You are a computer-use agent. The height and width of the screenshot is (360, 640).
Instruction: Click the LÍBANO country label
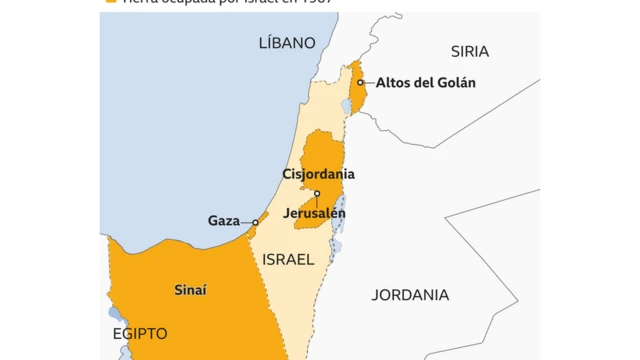point(287,43)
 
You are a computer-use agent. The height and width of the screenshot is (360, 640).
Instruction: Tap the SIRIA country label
point(470,51)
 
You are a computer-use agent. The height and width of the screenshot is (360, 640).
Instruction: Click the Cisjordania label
point(318,174)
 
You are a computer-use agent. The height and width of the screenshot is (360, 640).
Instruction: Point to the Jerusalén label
point(314,213)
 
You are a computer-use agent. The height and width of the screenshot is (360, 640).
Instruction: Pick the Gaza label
point(224,221)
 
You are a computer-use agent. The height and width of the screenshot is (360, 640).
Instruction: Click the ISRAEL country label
point(288,259)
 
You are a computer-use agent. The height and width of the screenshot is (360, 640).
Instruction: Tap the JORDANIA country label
point(410,295)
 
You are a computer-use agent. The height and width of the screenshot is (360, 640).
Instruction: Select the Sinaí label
point(190,290)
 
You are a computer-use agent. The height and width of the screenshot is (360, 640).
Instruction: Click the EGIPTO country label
point(140,333)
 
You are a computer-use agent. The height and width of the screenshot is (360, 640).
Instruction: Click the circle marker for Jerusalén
point(317,194)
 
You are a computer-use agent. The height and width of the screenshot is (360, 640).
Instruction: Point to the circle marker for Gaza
point(256,222)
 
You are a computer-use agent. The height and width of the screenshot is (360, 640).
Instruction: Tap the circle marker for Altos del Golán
point(360,82)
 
